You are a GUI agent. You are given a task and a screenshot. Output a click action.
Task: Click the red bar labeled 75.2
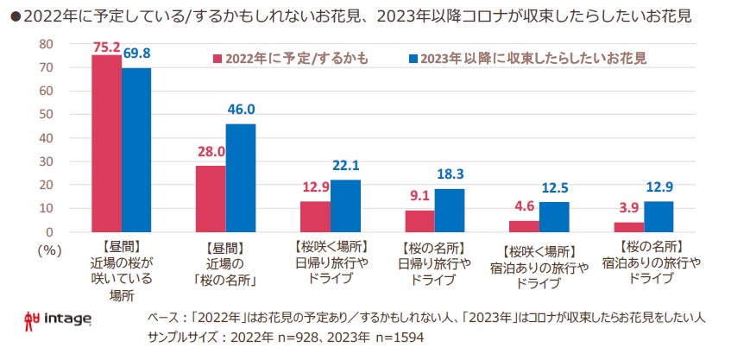(106, 143)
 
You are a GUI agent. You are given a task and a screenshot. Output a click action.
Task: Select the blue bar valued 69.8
(136, 149)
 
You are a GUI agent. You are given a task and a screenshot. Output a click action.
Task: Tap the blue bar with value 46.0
(241, 178)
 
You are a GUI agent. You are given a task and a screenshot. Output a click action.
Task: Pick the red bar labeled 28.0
(211, 199)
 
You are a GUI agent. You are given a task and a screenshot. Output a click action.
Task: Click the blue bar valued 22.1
(345, 205)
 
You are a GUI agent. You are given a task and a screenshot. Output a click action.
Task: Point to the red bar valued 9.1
(419, 221)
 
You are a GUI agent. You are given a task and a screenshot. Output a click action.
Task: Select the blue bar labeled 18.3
(450, 210)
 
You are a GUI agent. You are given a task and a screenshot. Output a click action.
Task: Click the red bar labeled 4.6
(524, 226)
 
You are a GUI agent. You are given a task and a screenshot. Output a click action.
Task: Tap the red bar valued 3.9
(628, 227)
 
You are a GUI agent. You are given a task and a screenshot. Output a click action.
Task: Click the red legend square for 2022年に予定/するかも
(217, 60)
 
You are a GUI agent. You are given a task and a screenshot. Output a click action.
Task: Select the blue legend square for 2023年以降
(413, 60)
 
